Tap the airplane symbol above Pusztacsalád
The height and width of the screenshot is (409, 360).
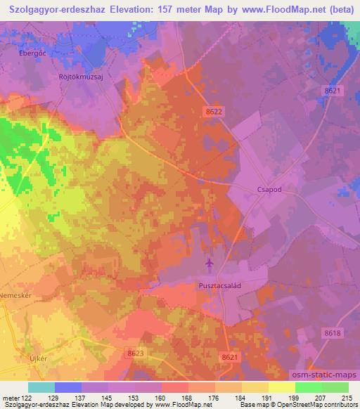(x=209, y=264)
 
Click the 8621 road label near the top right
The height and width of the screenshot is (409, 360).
(x=333, y=91)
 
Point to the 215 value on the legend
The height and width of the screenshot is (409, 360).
(x=347, y=397)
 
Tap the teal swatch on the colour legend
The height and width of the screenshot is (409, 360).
(x=41, y=387)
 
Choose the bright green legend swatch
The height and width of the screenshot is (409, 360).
(x=308, y=387)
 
